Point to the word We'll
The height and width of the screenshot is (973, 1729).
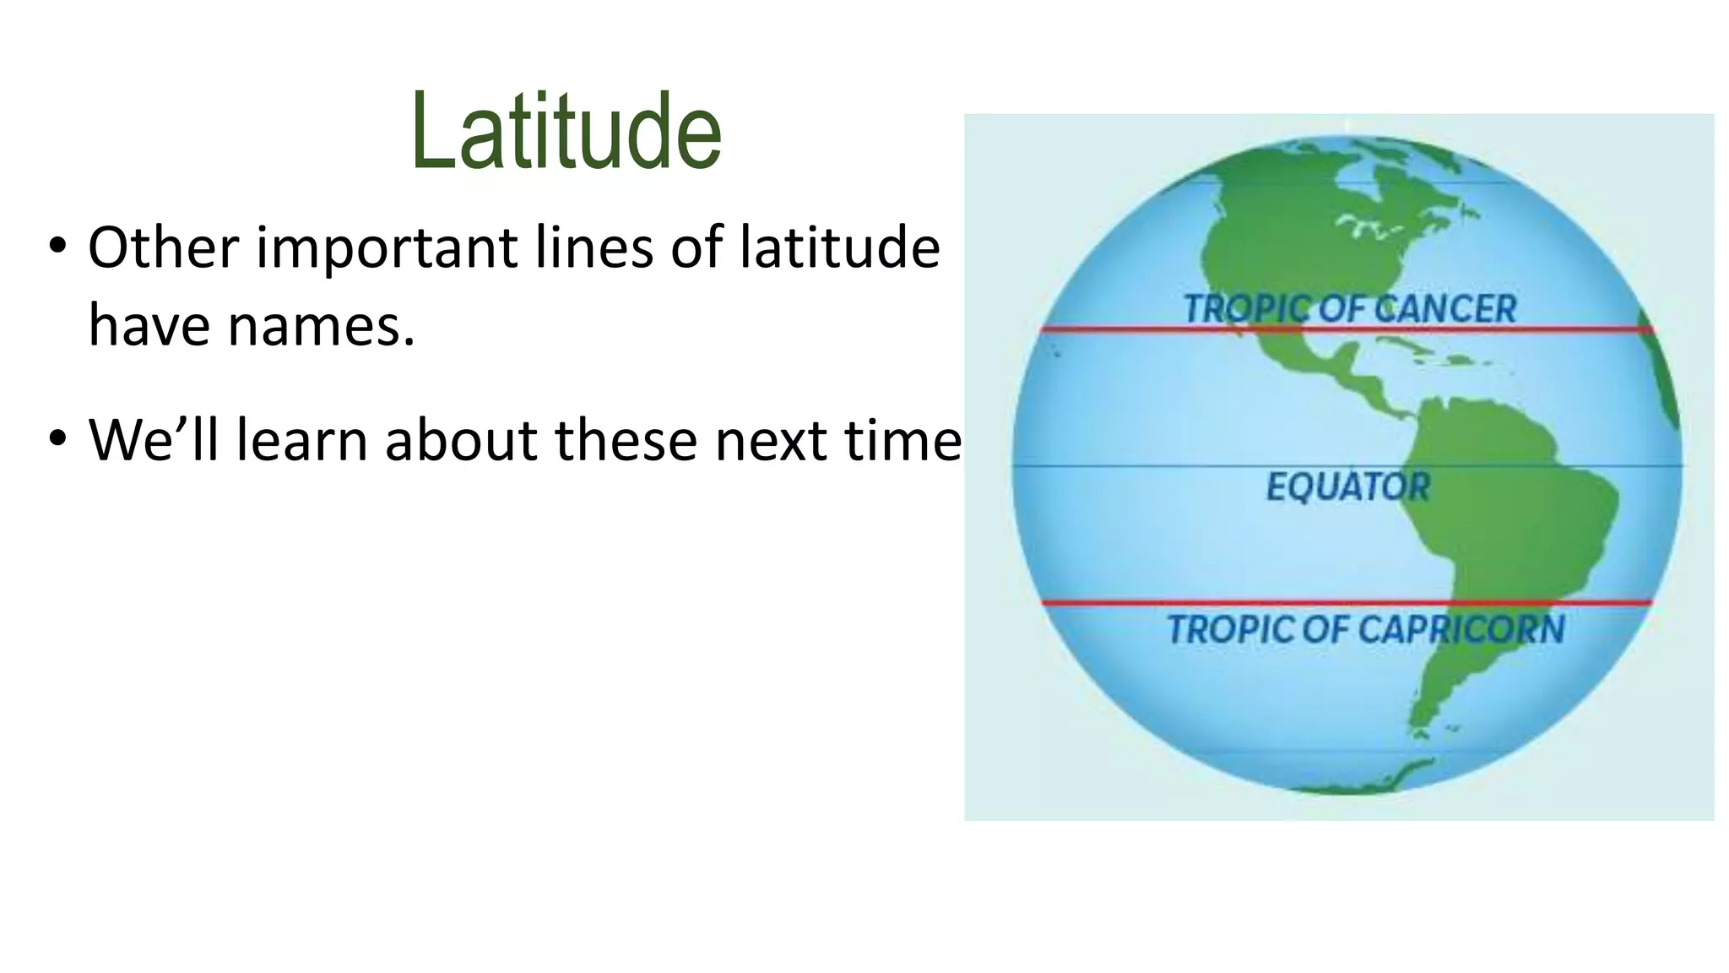click(152, 440)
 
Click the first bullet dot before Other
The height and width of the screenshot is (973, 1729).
click(57, 247)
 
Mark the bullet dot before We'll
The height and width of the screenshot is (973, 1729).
click(57, 439)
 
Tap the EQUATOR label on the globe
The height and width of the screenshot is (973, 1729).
click(1348, 486)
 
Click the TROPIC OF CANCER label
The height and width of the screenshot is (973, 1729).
click(1349, 309)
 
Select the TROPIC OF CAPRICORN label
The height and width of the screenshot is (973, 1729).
click(1365, 630)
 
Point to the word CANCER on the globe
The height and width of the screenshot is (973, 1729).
click(1444, 309)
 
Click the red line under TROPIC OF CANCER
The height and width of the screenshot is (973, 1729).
click(1182, 329)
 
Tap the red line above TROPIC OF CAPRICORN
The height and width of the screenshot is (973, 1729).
click(1182, 602)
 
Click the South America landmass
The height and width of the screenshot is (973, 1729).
click(1511, 524)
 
